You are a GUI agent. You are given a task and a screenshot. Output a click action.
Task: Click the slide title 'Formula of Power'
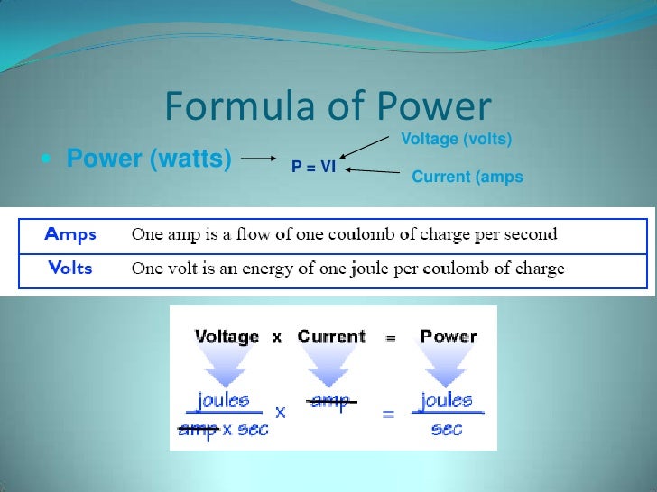[x=328, y=108]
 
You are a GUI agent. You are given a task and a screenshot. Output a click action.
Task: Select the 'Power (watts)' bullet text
[x=149, y=159]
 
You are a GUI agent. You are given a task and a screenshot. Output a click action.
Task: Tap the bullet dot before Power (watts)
[x=46, y=160]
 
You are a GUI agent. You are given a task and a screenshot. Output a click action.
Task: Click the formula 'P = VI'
[x=313, y=167]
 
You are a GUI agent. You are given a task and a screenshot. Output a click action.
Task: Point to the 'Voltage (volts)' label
[x=456, y=139]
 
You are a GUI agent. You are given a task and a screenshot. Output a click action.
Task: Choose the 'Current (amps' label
[x=467, y=177]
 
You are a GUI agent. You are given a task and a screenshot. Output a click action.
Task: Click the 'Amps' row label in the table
[x=70, y=234]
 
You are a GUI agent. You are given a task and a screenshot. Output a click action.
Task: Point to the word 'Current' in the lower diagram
[x=331, y=337]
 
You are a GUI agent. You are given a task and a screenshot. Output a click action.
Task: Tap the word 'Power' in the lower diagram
[x=449, y=337]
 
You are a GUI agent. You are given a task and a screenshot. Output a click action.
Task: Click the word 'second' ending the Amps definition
[x=530, y=235]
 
